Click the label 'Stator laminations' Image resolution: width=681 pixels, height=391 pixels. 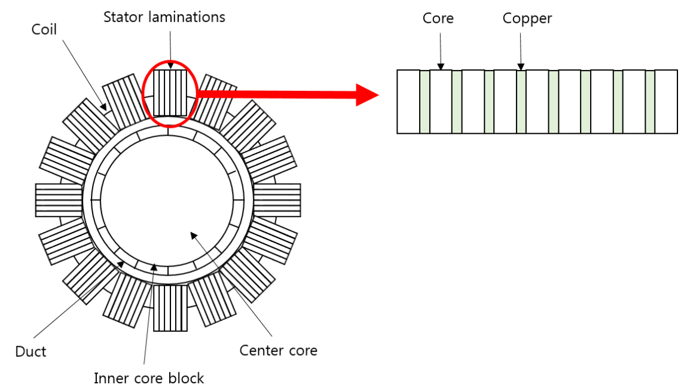(164, 17)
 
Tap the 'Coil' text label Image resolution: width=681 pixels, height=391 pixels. (44, 29)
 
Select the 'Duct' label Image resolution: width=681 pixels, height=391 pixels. (30, 352)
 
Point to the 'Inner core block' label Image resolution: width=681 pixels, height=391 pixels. (149, 378)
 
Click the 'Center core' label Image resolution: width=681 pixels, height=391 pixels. (278, 350)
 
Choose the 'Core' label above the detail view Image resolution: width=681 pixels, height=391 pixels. (438, 19)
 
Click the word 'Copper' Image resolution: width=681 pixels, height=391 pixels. (527, 19)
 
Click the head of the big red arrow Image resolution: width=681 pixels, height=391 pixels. (367, 94)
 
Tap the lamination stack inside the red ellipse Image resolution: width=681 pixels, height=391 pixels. (170, 92)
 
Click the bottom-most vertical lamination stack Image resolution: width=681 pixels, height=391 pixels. (170, 308)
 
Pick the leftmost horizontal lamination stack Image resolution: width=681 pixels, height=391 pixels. (58, 200)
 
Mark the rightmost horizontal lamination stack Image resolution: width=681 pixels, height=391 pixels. (277, 200)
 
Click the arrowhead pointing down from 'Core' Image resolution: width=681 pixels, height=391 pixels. (440, 66)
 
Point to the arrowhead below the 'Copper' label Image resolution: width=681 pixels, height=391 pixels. (521, 66)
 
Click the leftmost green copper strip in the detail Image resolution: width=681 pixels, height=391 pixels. (425, 102)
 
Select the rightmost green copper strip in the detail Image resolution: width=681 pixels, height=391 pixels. (650, 102)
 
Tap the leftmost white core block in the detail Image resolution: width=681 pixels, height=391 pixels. (408, 102)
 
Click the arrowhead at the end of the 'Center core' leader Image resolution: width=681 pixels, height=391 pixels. (193, 234)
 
